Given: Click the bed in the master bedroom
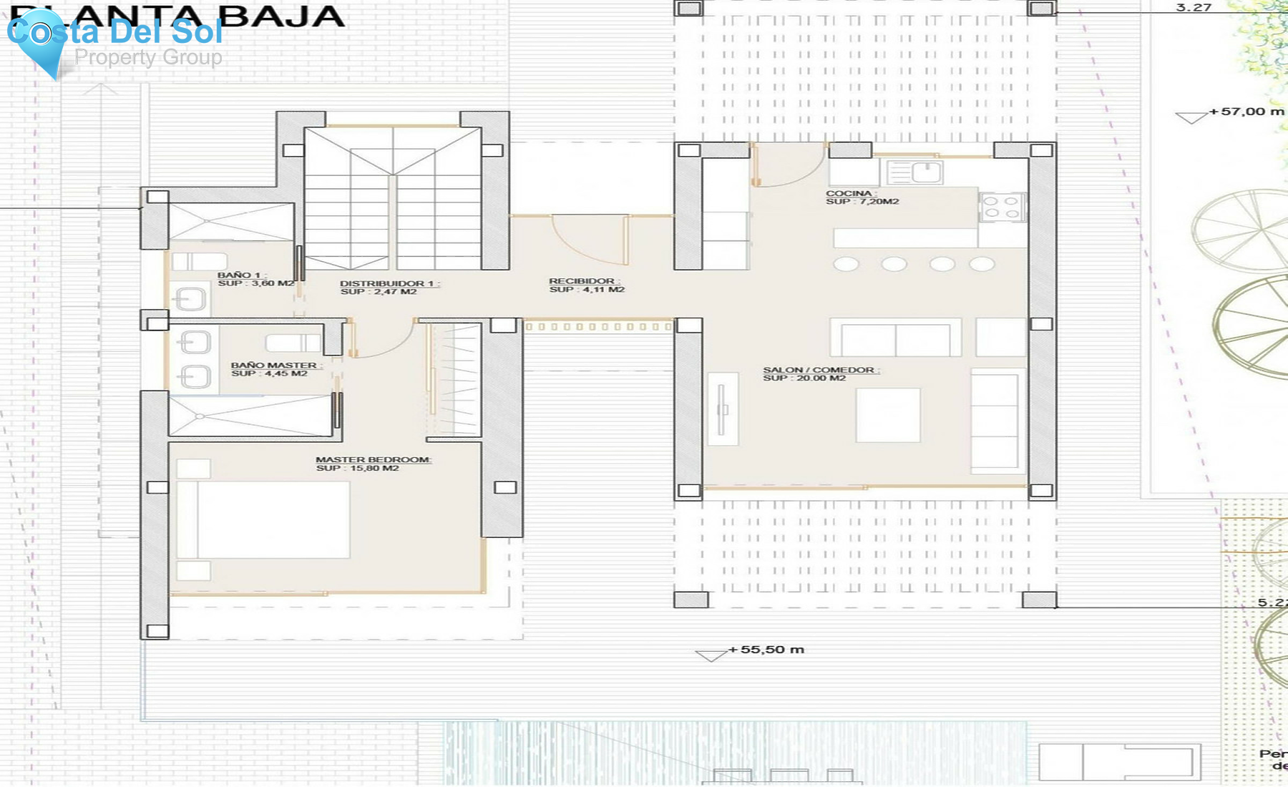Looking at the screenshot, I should pyautogui.click(x=263, y=519).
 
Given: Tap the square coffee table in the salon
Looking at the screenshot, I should pyautogui.click(x=888, y=415).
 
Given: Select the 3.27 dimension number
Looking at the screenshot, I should pyautogui.click(x=1194, y=8).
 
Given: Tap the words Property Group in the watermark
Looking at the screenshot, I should pyautogui.click(x=148, y=57).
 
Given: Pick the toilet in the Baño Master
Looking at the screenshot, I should pyautogui.click(x=293, y=343).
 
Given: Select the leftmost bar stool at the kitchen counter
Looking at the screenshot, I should pyautogui.click(x=846, y=264).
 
